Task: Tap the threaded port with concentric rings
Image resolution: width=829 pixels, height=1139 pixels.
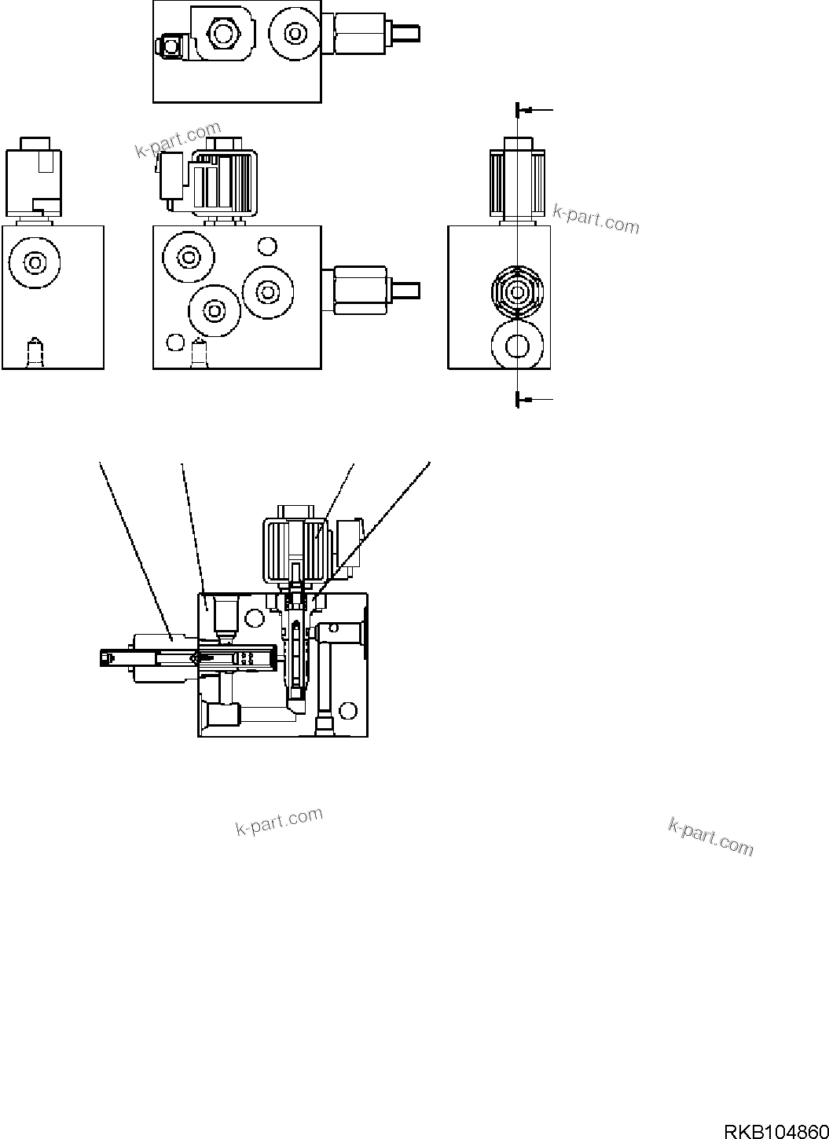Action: click(x=517, y=292)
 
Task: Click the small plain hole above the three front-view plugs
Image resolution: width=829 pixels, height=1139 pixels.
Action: click(x=267, y=247)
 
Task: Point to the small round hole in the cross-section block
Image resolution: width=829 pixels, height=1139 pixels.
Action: click(x=254, y=616)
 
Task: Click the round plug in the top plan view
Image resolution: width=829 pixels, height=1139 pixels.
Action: click(x=295, y=33)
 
